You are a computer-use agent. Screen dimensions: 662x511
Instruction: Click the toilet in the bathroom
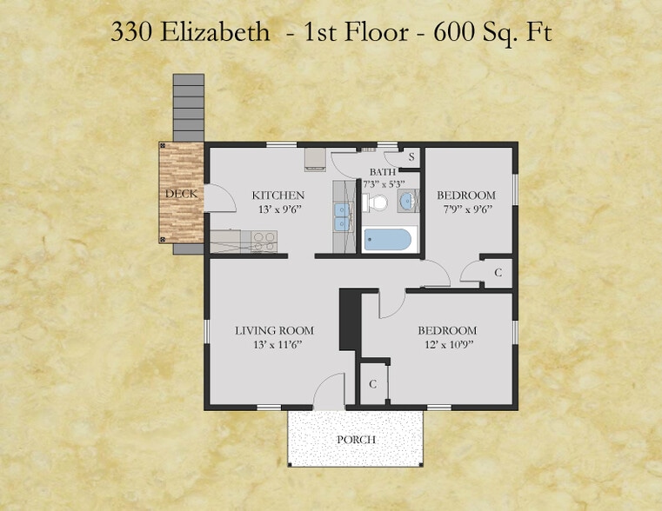[x=375, y=202]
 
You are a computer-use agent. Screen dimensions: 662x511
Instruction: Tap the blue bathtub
[x=388, y=240]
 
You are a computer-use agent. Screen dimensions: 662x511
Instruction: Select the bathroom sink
[x=408, y=201]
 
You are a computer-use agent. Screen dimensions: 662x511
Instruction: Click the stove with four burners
[x=264, y=242]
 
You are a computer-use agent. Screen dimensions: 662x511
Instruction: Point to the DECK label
[x=181, y=194]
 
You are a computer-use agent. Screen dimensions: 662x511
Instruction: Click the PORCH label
[x=356, y=440]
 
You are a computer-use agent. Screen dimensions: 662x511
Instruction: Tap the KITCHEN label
[x=278, y=196]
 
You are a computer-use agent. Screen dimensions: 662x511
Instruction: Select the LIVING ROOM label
[x=274, y=330]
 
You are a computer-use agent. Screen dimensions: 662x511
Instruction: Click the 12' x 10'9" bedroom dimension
[x=448, y=344]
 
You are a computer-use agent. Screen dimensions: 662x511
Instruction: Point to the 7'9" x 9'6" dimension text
[x=468, y=209]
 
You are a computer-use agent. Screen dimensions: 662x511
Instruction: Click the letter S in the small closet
[x=411, y=156]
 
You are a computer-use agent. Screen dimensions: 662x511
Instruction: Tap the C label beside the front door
[x=372, y=384]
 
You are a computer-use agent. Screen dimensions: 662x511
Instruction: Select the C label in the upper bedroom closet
[x=498, y=273]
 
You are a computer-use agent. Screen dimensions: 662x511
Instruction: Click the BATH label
[x=383, y=172]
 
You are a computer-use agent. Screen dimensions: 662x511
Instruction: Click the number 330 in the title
[x=131, y=32]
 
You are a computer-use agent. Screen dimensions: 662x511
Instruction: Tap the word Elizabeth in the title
[x=215, y=31]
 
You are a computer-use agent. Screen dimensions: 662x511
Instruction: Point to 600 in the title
[x=454, y=32]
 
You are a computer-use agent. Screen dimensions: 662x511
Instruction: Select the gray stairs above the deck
[x=189, y=108]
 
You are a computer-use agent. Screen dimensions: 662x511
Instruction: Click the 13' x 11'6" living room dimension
[x=278, y=344]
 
